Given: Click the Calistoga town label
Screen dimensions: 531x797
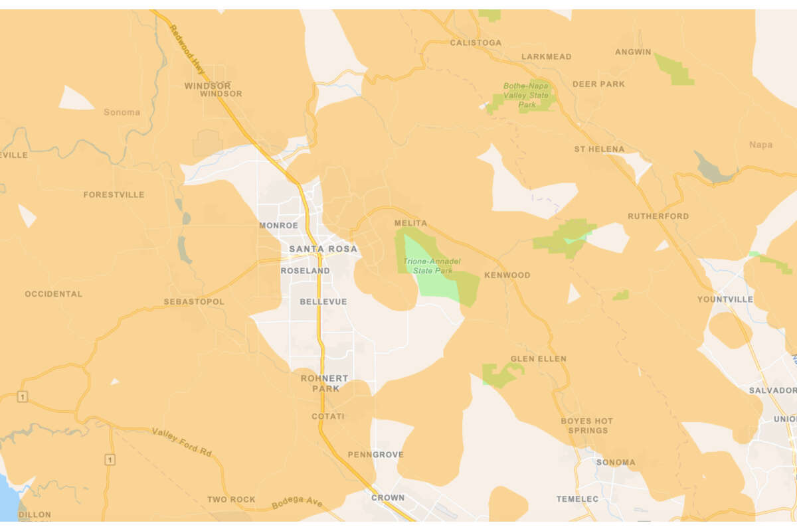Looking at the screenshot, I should coord(476,42).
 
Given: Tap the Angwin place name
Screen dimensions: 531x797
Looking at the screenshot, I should coord(633,52).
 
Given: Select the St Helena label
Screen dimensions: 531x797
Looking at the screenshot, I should coord(599,149).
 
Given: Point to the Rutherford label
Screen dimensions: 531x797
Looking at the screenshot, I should coord(658,216).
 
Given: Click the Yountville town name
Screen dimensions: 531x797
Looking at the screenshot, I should coord(725,299).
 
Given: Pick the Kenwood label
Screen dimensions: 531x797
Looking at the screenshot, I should coord(507,275).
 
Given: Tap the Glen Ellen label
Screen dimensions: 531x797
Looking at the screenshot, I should coord(538,359).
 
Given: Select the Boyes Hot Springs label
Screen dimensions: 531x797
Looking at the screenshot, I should coord(587,425).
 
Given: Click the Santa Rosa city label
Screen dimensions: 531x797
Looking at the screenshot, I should coord(323,249).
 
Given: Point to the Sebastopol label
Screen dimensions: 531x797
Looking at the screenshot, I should coord(194,302).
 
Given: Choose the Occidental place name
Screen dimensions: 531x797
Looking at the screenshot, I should coord(54,293).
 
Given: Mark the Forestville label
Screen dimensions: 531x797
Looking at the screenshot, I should coord(114,195).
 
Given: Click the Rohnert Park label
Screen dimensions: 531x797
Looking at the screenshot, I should coord(325,383).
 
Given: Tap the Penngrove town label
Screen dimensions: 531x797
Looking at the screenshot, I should coord(375,455).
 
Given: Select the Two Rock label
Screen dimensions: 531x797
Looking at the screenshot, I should coord(231,499).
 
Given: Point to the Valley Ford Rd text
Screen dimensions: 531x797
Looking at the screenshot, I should coord(181,442).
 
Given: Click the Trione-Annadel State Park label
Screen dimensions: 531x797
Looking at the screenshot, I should coord(432,266).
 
